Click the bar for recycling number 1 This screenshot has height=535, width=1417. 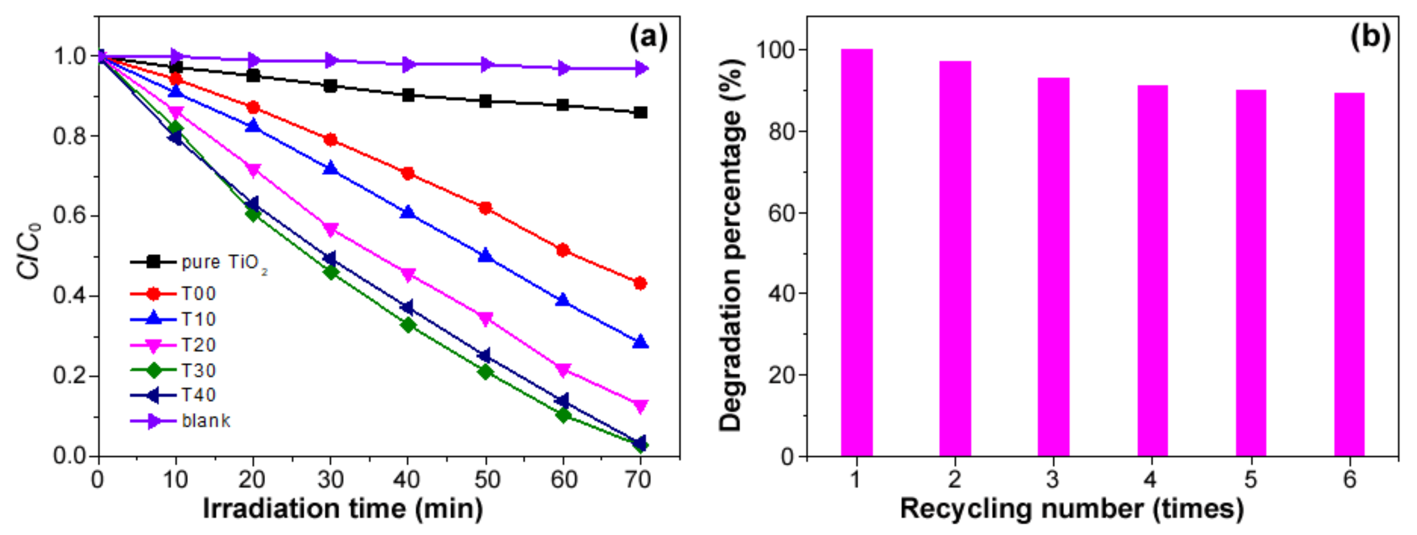click(857, 253)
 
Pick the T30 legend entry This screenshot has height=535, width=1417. click(173, 370)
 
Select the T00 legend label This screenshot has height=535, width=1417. click(198, 293)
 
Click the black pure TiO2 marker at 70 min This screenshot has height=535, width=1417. click(640, 113)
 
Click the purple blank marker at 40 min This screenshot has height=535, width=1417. click(408, 64)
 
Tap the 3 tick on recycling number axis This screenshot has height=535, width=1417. click(1052, 480)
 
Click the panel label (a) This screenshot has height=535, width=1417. click(649, 38)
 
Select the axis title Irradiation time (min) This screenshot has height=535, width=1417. click(343, 509)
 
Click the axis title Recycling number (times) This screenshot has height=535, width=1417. click(1072, 509)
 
